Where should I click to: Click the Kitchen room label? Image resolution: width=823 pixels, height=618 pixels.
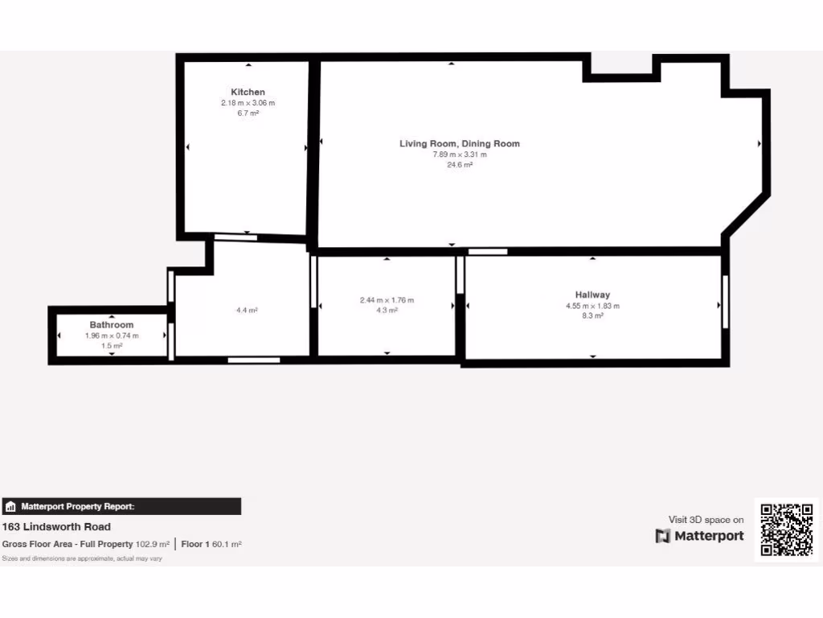(248, 92)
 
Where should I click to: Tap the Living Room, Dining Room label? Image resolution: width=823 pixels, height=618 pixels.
(460, 143)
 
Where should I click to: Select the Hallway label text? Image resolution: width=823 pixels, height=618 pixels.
(592, 295)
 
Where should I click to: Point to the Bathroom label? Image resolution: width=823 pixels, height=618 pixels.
(112, 325)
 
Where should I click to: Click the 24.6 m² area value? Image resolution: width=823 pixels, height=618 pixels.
(460, 165)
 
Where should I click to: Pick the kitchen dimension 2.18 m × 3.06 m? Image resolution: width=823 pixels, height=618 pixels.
(248, 103)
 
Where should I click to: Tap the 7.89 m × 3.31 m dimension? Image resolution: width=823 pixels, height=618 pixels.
(460, 154)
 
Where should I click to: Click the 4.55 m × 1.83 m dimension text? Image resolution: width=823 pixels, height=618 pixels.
(592, 306)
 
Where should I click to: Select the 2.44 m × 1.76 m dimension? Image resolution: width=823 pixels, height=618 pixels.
(387, 300)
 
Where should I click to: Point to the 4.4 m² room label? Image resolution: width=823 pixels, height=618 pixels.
(247, 310)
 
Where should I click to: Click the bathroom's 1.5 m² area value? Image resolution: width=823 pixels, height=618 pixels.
(112, 346)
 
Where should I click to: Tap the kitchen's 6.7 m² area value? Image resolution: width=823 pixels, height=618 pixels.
(248, 113)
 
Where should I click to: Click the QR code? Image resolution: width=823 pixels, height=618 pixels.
(787, 529)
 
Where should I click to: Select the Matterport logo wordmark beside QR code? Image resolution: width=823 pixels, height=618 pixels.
(700, 536)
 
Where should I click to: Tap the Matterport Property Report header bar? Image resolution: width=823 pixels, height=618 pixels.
(121, 506)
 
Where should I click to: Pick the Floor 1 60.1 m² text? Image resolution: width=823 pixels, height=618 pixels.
(211, 544)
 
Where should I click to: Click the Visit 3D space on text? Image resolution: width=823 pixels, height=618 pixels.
(706, 520)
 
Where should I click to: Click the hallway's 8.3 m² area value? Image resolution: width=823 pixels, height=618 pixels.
(592, 316)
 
